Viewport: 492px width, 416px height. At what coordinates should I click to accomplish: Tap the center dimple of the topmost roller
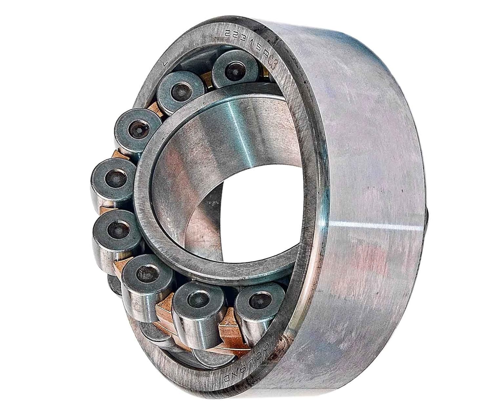pyautogui.click(x=235, y=70)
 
